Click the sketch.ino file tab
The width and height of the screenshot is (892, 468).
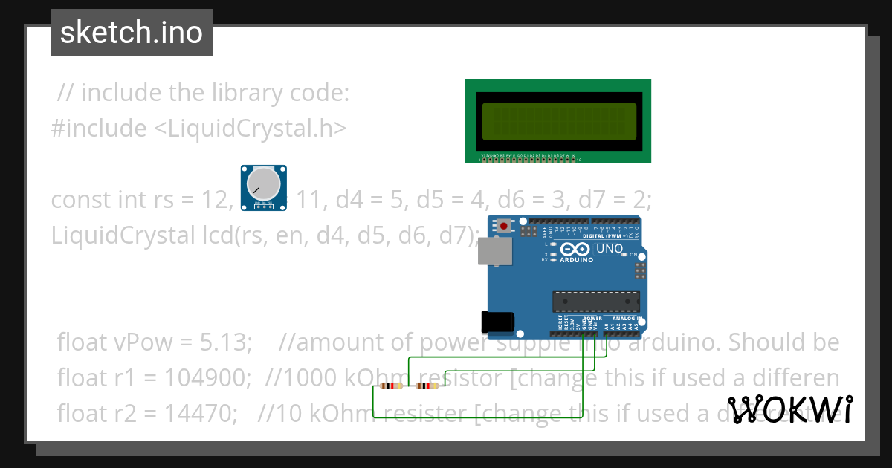[x=132, y=33]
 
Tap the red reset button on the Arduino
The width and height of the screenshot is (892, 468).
[x=505, y=225]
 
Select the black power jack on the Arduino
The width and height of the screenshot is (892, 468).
[x=497, y=322]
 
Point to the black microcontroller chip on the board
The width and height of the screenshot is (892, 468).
[x=595, y=301]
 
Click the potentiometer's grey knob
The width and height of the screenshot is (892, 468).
[x=263, y=183]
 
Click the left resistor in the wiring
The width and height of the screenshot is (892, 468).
[x=391, y=386]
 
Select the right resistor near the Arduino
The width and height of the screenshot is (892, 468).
[x=427, y=386]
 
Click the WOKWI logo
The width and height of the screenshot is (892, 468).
[x=789, y=409]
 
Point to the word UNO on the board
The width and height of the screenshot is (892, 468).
[x=610, y=248]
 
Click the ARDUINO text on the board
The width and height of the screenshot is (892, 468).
[x=576, y=260]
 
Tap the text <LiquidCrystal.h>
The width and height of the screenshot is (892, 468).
[x=250, y=129]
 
